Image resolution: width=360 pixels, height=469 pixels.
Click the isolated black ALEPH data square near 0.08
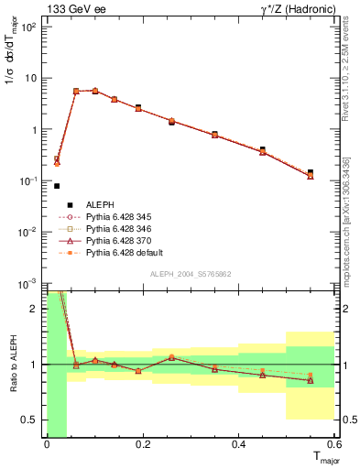tap(57, 186)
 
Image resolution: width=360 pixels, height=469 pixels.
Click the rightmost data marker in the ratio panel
tap(311, 378)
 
